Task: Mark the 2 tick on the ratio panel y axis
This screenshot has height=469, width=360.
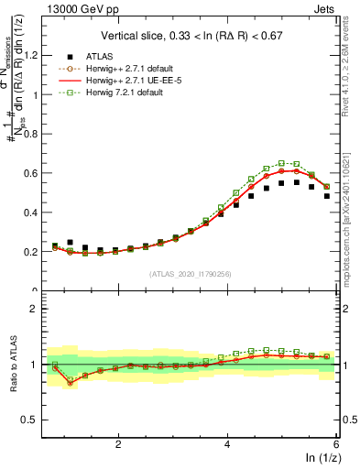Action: tap(39, 309)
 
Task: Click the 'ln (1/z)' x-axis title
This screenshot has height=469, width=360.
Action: tap(320, 458)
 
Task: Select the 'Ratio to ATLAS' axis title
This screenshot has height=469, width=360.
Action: tap(13, 365)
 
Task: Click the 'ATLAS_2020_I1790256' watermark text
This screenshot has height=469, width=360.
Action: tap(191, 274)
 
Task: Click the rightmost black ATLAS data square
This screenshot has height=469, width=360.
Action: tap(327, 196)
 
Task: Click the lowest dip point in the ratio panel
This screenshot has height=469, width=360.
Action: tap(70, 383)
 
